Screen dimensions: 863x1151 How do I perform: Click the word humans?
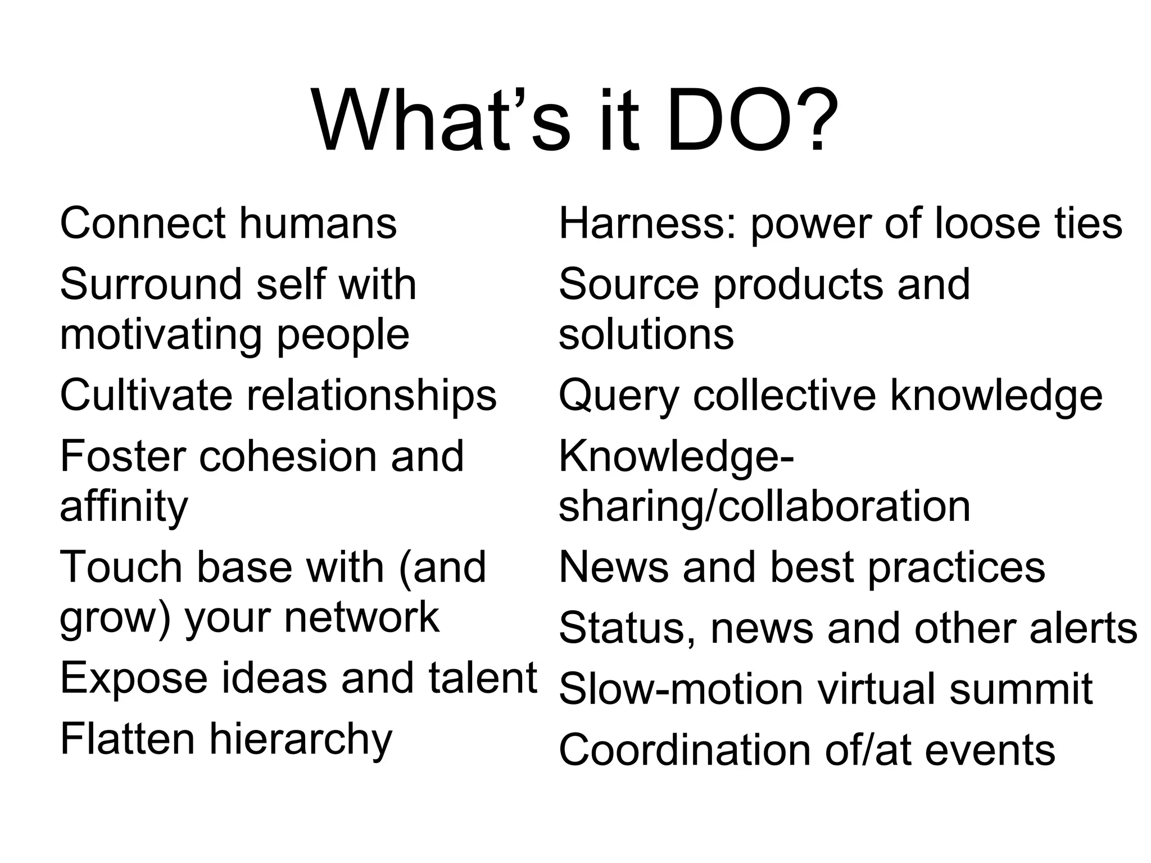point(318,223)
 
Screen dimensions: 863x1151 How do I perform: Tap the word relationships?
point(372,396)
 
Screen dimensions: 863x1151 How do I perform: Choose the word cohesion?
point(288,456)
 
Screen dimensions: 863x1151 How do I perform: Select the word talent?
point(483,678)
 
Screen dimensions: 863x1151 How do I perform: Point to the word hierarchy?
point(301,739)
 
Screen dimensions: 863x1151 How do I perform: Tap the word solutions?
point(646,335)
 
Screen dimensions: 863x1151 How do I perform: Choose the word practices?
point(957,567)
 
